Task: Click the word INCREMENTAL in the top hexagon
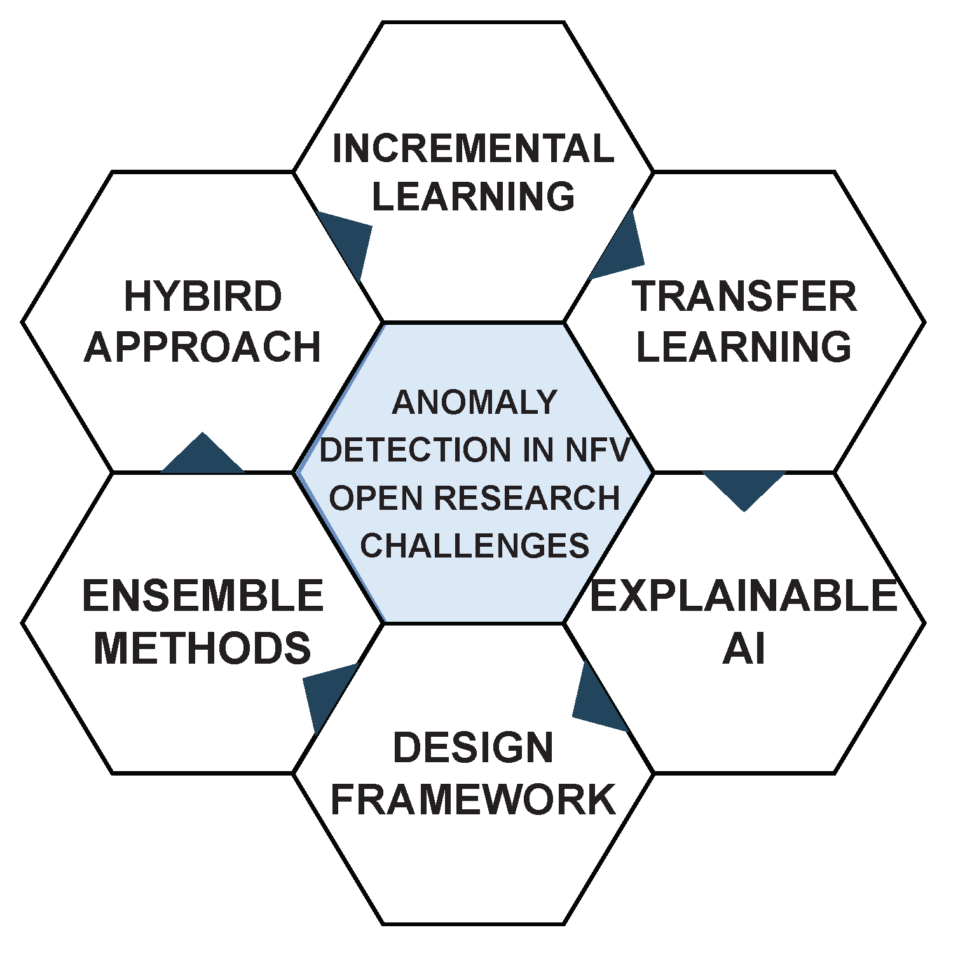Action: tap(474, 149)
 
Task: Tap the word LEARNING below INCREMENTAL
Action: tap(474, 196)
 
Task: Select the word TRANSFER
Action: tap(744, 297)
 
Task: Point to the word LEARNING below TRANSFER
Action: tap(744, 346)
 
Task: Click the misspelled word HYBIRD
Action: tap(203, 297)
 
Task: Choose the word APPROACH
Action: tap(203, 347)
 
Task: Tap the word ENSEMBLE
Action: tap(203, 596)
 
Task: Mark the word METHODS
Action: tap(203, 648)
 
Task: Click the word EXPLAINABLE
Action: tap(744, 596)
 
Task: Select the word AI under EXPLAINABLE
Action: tap(744, 649)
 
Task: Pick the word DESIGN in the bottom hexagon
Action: tap(474, 748)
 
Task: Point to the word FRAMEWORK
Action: tap(474, 800)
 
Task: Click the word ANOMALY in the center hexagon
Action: tap(474, 402)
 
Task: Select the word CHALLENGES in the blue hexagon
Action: tap(474, 545)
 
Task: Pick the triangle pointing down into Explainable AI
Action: tap(744, 487)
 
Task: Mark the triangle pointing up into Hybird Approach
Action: tap(203, 456)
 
